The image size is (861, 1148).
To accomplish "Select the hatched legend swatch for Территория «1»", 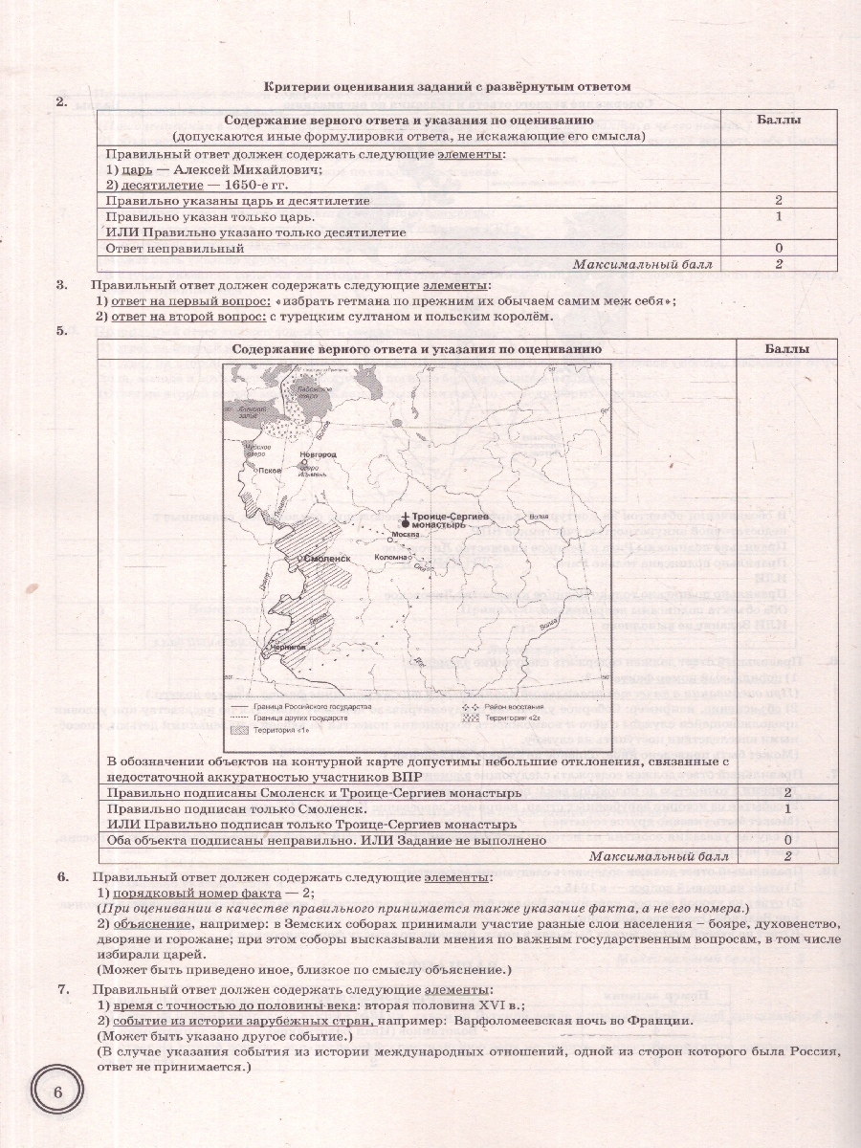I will (244, 730).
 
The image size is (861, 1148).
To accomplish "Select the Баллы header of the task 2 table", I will (779, 121).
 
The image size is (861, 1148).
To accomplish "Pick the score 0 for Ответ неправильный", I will (779, 248).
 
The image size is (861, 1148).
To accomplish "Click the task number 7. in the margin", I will (63, 989).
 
